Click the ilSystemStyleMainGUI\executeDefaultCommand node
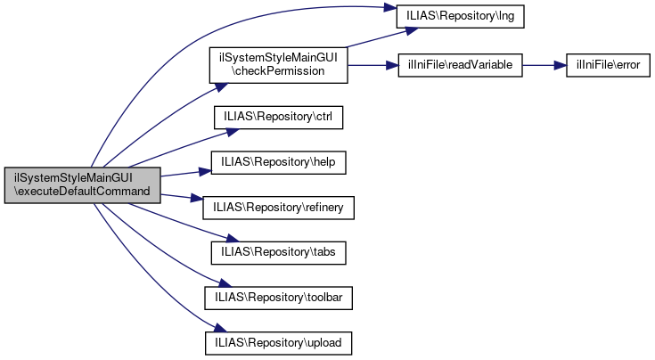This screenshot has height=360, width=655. pos(82,184)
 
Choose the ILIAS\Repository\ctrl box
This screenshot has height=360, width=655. pos(278,116)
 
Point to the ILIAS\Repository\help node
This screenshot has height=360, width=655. pos(278,161)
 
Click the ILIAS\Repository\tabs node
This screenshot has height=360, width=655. pos(278,252)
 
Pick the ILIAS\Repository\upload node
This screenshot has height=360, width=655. pos(278,342)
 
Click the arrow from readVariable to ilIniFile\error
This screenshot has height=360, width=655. pos(544,67)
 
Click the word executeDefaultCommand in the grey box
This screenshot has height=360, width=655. pos(82,192)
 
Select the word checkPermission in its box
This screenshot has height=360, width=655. pos(278,71)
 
